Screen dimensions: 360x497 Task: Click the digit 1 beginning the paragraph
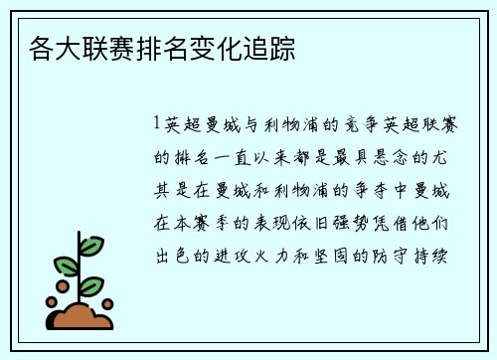click(158, 125)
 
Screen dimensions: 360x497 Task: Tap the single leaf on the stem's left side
click(66, 267)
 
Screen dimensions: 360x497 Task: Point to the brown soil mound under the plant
click(82, 316)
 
